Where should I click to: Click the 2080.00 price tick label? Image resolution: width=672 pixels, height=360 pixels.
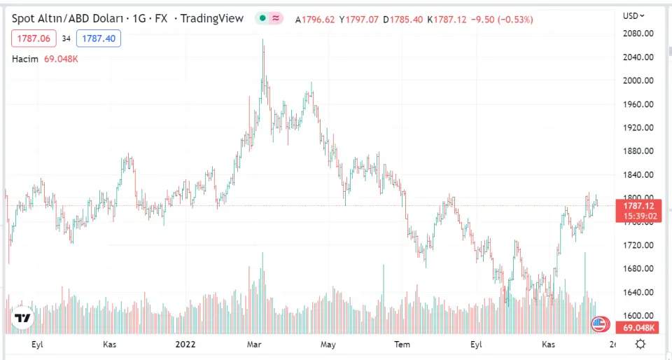click(x=638, y=34)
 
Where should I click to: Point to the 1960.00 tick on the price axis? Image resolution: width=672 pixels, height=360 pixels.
click(x=638, y=104)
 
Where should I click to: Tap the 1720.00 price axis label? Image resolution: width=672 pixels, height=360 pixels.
click(x=638, y=245)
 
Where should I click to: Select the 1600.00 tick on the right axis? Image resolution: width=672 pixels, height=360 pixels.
click(x=638, y=316)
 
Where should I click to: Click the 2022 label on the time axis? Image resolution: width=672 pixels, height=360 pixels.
click(x=185, y=344)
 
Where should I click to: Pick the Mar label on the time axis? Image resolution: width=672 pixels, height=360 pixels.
click(x=255, y=344)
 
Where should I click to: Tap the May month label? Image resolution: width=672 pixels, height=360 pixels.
click(x=328, y=344)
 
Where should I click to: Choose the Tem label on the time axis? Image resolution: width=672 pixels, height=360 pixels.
click(x=402, y=344)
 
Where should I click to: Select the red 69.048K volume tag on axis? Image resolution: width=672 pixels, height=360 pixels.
click(x=637, y=328)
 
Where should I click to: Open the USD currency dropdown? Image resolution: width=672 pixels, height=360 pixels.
click(x=633, y=15)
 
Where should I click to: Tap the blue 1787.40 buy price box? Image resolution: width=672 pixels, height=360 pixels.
click(x=99, y=39)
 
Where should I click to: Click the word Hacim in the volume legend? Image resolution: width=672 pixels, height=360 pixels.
click(x=25, y=59)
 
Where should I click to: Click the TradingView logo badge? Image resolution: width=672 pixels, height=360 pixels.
click(x=23, y=318)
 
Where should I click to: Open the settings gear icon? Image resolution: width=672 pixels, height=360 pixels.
click(x=640, y=344)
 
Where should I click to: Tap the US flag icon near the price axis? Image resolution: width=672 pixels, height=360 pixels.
click(x=599, y=324)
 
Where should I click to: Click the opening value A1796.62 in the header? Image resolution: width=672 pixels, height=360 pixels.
click(x=316, y=19)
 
